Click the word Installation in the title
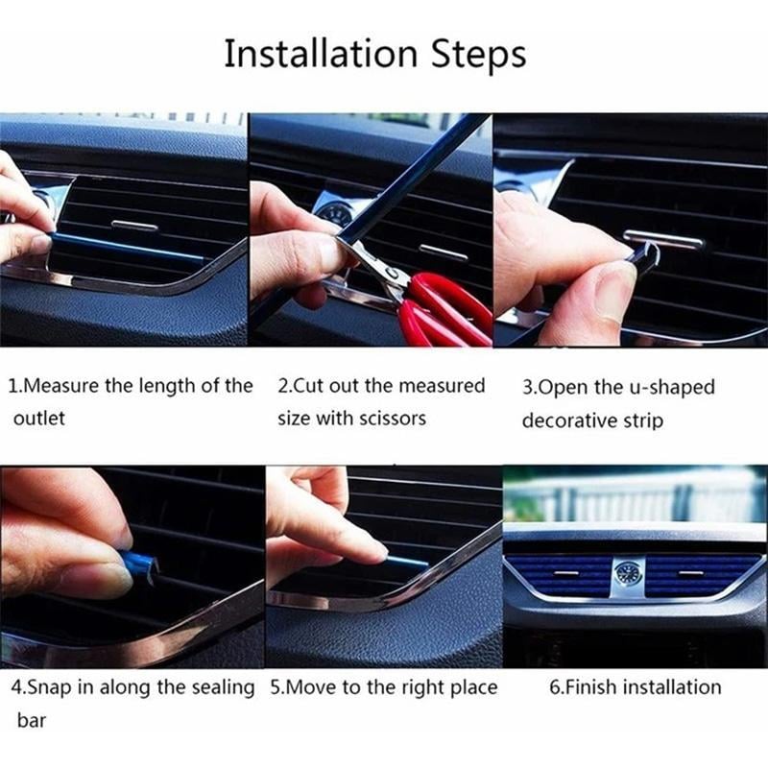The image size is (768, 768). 307,54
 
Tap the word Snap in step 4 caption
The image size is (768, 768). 49,687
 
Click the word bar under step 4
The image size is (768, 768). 29,719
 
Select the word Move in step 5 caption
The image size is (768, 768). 314,687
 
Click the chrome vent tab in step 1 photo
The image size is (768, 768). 134,226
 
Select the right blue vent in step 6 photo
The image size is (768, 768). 695,574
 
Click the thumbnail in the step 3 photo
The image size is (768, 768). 613,284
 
